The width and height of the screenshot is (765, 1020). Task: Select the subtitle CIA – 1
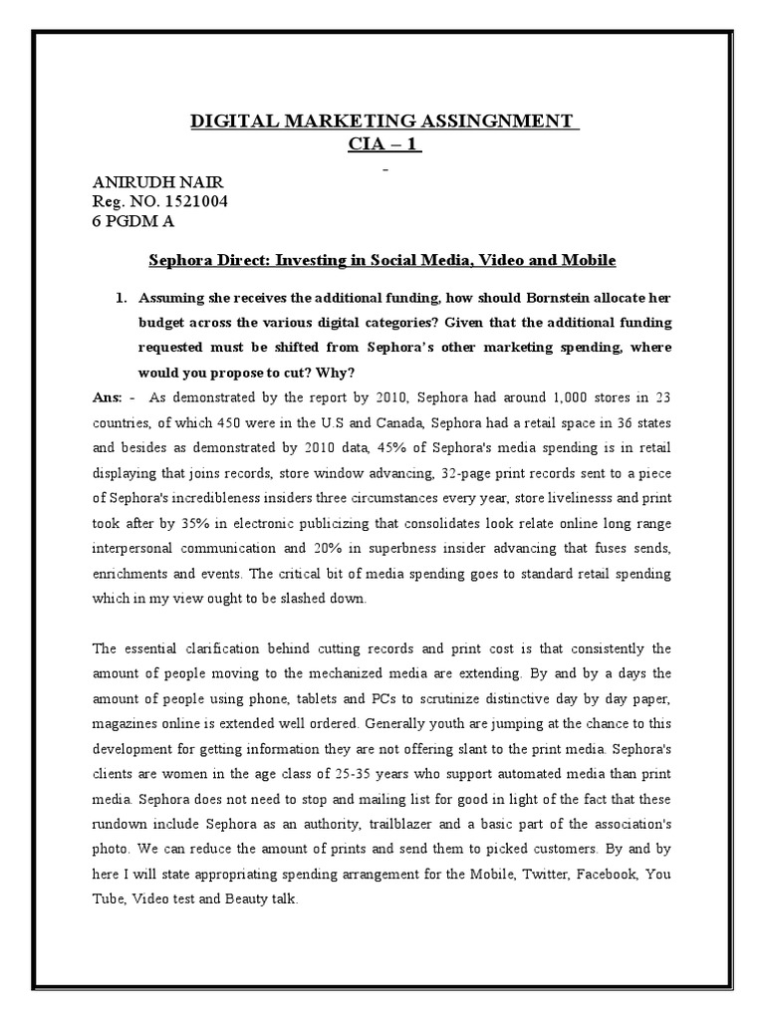(383, 145)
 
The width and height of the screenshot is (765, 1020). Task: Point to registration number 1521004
(200, 204)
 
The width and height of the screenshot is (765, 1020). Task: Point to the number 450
(237, 421)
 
